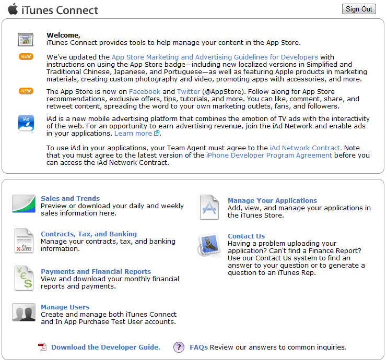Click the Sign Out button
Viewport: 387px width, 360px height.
[x=359, y=9]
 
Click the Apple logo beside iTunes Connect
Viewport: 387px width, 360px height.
[x=13, y=8]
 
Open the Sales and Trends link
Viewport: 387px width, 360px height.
[x=70, y=198]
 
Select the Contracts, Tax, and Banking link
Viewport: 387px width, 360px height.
[x=89, y=234]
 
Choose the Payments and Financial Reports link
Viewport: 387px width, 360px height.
[x=96, y=271]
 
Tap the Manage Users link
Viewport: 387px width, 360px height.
[x=65, y=307]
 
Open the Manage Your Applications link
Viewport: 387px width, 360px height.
[x=272, y=200]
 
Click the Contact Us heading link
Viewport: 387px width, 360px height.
[x=246, y=236]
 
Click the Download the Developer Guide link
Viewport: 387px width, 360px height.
[x=105, y=347]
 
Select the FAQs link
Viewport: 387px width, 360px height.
[x=199, y=347]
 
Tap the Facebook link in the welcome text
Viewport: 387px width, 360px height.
[x=145, y=91]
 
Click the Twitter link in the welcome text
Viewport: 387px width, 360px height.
[x=188, y=91]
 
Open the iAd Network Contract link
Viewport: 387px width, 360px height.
[x=306, y=148]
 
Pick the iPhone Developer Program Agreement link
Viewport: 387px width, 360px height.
[x=269, y=155]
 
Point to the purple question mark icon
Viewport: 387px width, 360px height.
[x=179, y=347]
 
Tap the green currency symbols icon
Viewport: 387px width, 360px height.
[x=24, y=278]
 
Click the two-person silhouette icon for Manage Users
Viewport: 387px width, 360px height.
[x=24, y=313]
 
